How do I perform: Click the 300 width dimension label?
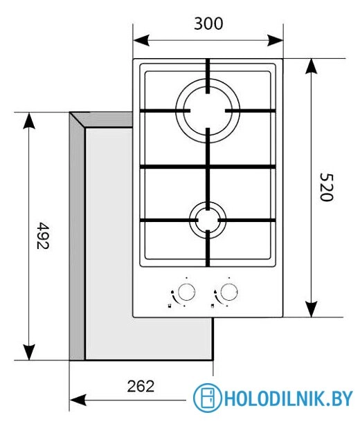(x=208, y=24)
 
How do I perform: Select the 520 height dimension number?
(x=327, y=187)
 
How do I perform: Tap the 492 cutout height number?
(x=44, y=235)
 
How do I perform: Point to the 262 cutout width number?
(x=141, y=385)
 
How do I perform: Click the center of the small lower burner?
(x=207, y=220)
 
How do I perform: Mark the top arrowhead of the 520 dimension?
(x=312, y=65)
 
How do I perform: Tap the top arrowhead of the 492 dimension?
(x=28, y=119)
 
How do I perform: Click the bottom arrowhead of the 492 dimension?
(x=28, y=353)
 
